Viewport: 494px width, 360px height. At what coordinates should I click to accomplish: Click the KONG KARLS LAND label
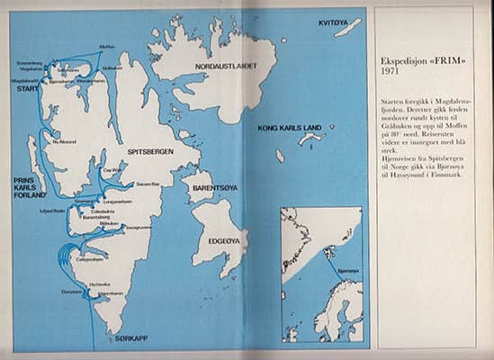[x=290, y=128]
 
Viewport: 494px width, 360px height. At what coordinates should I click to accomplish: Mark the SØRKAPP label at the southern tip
[x=131, y=338]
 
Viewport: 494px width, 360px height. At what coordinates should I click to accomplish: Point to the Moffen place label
[x=106, y=47]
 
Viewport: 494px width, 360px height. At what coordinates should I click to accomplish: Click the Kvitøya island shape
[x=347, y=28]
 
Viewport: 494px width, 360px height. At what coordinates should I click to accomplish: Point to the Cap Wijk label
[x=112, y=170]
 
